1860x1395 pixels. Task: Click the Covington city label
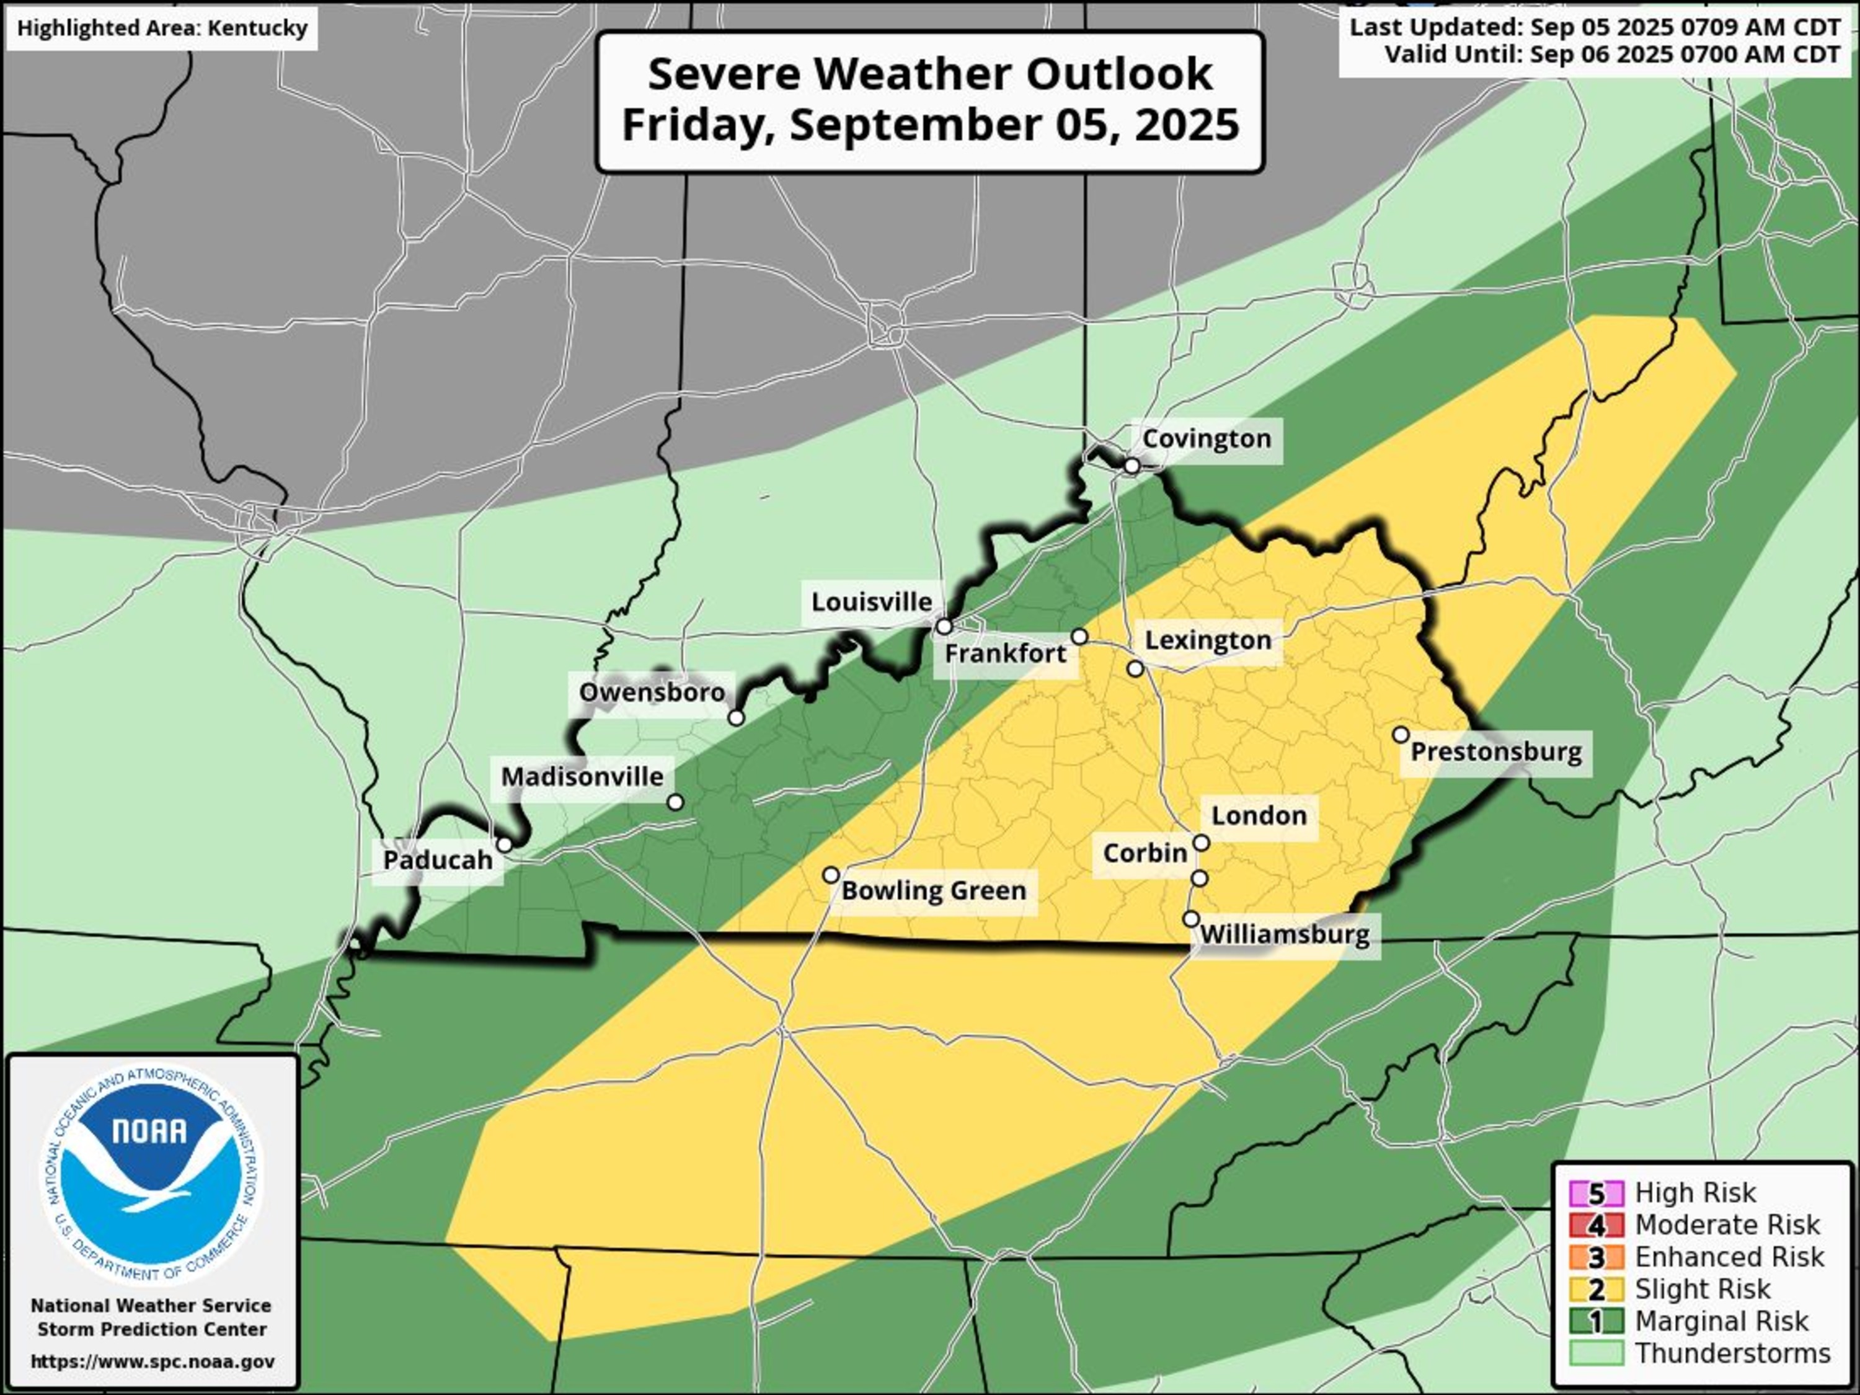click(1206, 439)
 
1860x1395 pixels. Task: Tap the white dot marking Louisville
click(944, 626)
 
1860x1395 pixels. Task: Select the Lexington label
click(1208, 640)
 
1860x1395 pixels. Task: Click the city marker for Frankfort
click(1079, 637)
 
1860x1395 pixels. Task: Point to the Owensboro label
click(652, 693)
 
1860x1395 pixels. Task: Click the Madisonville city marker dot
click(675, 802)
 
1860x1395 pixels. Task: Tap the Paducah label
click(437, 860)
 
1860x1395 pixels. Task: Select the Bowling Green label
click(933, 890)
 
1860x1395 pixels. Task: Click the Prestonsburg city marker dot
click(1401, 734)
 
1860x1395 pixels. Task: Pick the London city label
click(1259, 816)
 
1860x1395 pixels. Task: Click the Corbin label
click(1145, 854)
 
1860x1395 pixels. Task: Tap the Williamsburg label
click(1285, 935)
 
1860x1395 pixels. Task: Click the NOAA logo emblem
click(152, 1176)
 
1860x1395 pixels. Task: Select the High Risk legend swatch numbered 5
click(1595, 1193)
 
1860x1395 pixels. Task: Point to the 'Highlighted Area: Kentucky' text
click(162, 29)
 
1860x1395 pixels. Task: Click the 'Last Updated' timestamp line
click(1594, 27)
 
